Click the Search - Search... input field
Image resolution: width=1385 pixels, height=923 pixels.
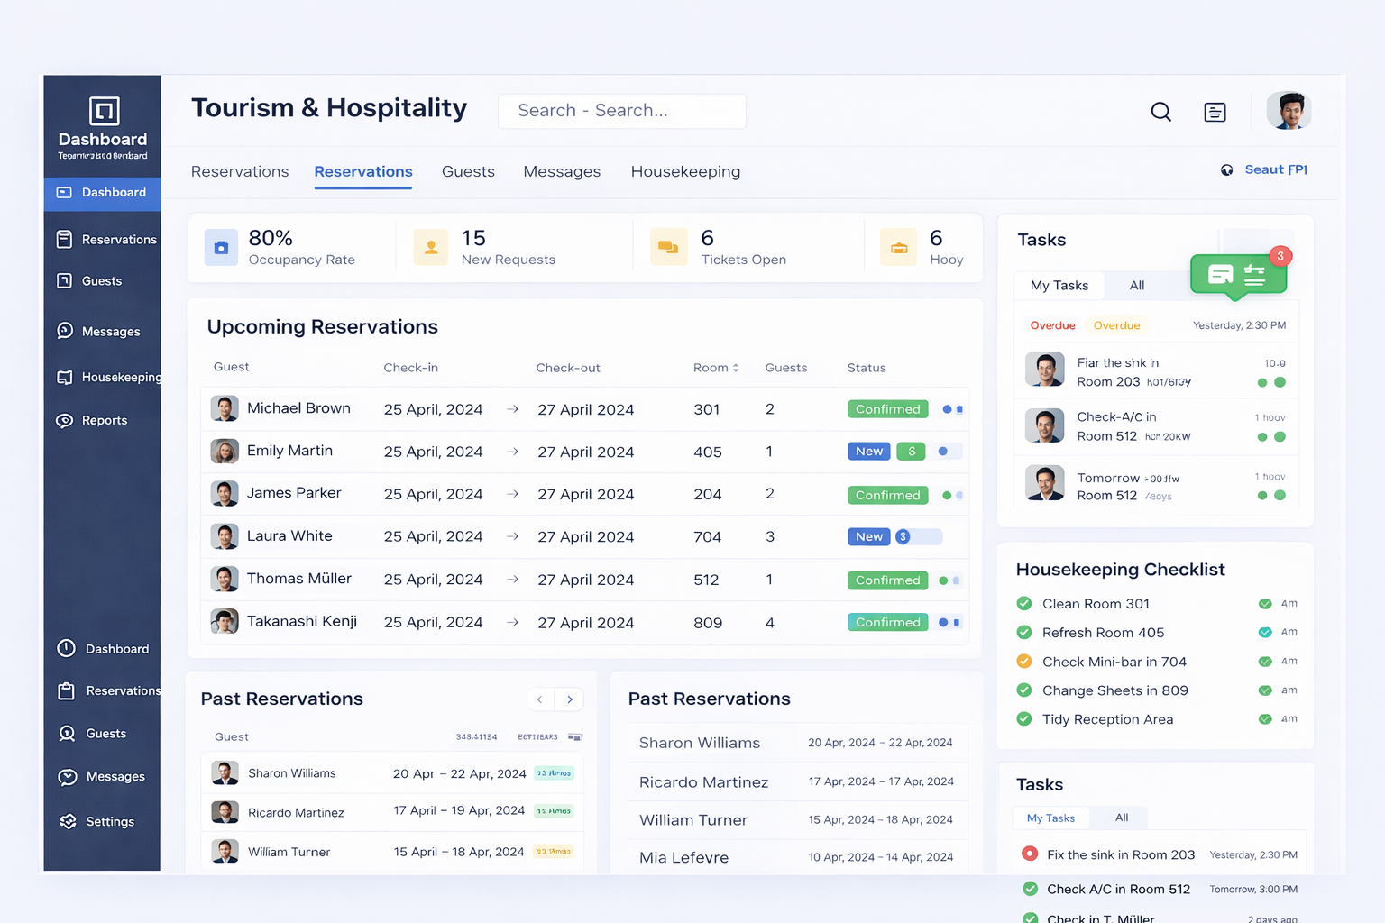(x=621, y=111)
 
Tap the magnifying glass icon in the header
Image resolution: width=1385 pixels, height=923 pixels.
(x=1161, y=112)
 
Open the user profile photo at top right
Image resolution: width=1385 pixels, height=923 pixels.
(x=1289, y=111)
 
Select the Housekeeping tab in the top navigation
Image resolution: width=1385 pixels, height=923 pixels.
(x=685, y=171)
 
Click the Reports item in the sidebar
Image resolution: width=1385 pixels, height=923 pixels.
(x=104, y=420)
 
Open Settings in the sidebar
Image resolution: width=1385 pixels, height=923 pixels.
(x=109, y=821)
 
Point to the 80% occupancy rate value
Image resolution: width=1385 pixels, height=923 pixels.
(x=271, y=238)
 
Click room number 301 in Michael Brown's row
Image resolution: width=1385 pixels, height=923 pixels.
(x=707, y=409)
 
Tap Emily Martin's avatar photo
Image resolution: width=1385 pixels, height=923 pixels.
(x=225, y=451)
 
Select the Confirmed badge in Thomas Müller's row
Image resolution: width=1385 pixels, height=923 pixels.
(x=887, y=580)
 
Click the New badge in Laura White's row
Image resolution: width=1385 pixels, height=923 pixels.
(x=868, y=536)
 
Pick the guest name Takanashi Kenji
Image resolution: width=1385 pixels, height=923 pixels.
(x=302, y=621)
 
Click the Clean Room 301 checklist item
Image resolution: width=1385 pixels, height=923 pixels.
(x=1096, y=604)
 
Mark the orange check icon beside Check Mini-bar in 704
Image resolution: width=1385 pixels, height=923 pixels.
(x=1024, y=661)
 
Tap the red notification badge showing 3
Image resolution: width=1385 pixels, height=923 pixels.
(x=1280, y=256)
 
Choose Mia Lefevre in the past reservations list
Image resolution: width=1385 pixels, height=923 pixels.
(x=683, y=857)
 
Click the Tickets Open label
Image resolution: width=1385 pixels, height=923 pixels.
(x=744, y=260)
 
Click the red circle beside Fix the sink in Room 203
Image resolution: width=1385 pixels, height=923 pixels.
(x=1029, y=854)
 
